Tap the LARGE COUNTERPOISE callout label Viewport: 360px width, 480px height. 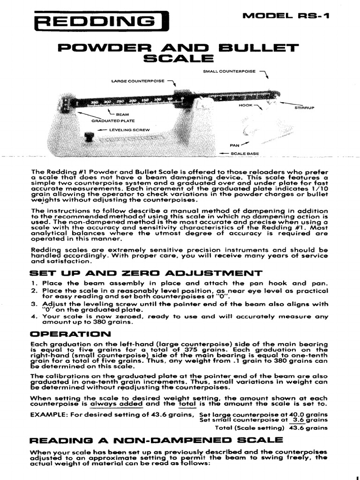137,81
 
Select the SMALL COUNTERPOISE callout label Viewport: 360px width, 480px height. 229,71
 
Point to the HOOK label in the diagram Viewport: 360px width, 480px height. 245,105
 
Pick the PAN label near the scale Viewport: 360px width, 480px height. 235,145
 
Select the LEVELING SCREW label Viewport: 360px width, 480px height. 129,129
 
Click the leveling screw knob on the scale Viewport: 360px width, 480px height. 88,137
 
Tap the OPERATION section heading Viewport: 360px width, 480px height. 70,334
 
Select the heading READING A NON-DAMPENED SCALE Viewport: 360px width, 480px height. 156,440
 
